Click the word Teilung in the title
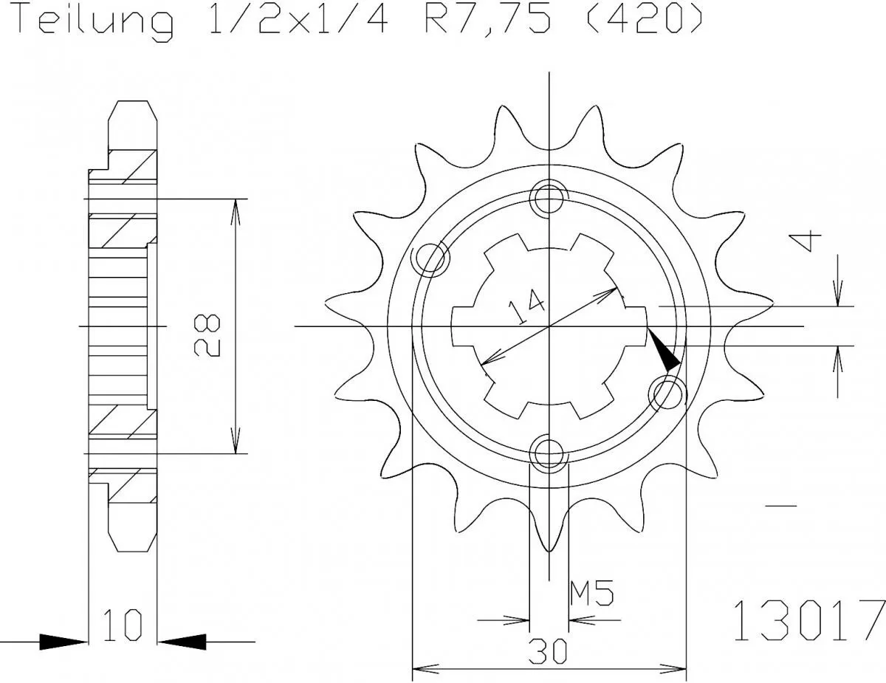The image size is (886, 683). pyautogui.click(x=95, y=21)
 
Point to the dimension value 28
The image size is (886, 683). pyautogui.click(x=207, y=335)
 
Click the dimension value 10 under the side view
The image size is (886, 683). pyautogui.click(x=122, y=624)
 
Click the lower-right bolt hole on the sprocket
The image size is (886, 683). pyautogui.click(x=665, y=392)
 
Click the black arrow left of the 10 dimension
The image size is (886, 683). pyautogui.click(x=62, y=641)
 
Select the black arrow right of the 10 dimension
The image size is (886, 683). pyautogui.click(x=182, y=641)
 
